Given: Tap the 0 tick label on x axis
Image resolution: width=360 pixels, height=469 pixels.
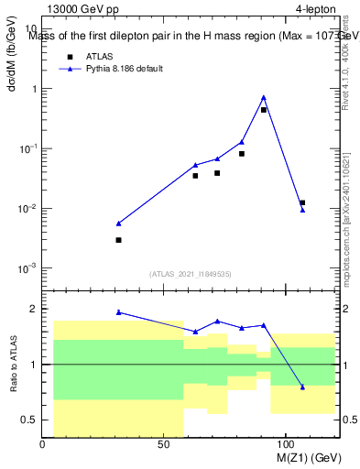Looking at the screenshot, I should (x=43, y=445).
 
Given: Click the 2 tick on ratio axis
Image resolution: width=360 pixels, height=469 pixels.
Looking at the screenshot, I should (x=33, y=309).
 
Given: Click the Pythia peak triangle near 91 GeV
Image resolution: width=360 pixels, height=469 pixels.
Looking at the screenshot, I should (x=264, y=97).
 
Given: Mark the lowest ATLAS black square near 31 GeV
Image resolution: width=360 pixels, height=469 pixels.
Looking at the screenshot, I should (x=119, y=240).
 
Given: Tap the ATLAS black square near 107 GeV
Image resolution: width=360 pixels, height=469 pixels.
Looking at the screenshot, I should (x=302, y=202).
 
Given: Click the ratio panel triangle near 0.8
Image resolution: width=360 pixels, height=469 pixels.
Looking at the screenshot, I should (x=302, y=387).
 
